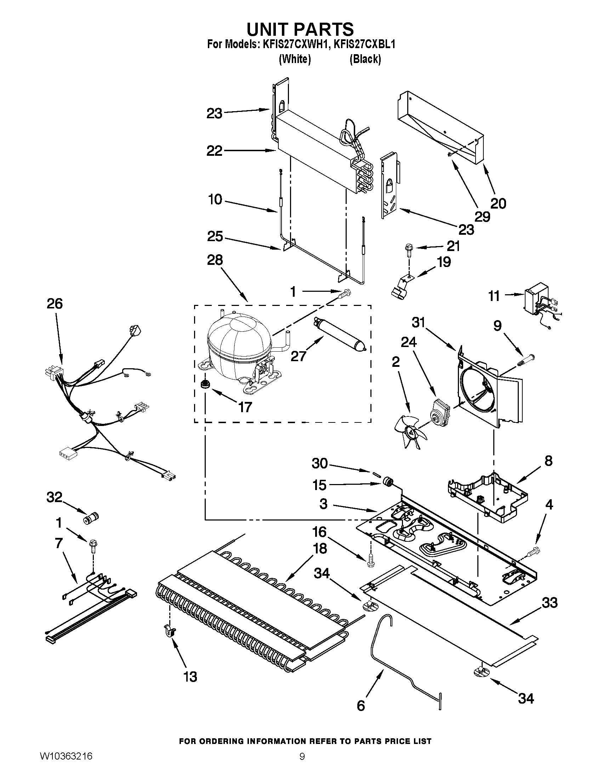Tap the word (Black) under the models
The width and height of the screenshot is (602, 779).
(x=365, y=59)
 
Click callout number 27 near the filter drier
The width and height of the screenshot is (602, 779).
(x=298, y=356)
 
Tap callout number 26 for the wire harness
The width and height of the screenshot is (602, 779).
(x=55, y=304)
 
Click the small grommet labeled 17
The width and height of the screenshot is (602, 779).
(x=205, y=385)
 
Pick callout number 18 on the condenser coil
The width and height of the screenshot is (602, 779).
(x=320, y=548)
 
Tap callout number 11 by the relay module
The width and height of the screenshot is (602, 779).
(x=494, y=296)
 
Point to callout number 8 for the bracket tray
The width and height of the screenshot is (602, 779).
(x=549, y=461)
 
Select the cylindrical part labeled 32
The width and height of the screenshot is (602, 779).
(x=92, y=517)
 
